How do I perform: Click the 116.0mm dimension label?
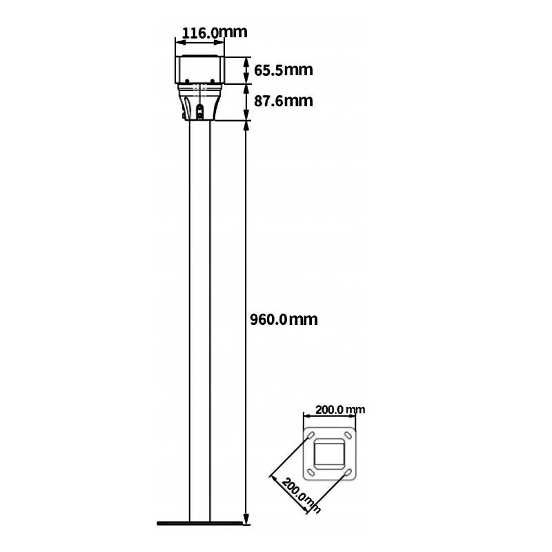click(215, 32)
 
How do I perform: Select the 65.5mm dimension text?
click(284, 70)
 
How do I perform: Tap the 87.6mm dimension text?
click(284, 101)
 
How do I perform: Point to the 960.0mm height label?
click(284, 319)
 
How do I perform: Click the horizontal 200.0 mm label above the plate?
click(340, 410)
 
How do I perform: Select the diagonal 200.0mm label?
click(301, 495)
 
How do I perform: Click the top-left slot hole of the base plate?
click(311, 436)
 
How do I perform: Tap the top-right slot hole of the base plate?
click(348, 435)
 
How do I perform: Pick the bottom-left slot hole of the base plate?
click(311, 473)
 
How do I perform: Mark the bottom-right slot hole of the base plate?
click(348, 473)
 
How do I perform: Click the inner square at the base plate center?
click(329, 454)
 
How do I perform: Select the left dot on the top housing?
click(187, 81)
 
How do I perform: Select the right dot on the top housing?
click(213, 81)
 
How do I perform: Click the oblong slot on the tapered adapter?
click(200, 112)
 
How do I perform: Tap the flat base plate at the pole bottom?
click(199, 524)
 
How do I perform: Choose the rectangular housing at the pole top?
click(199, 70)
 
